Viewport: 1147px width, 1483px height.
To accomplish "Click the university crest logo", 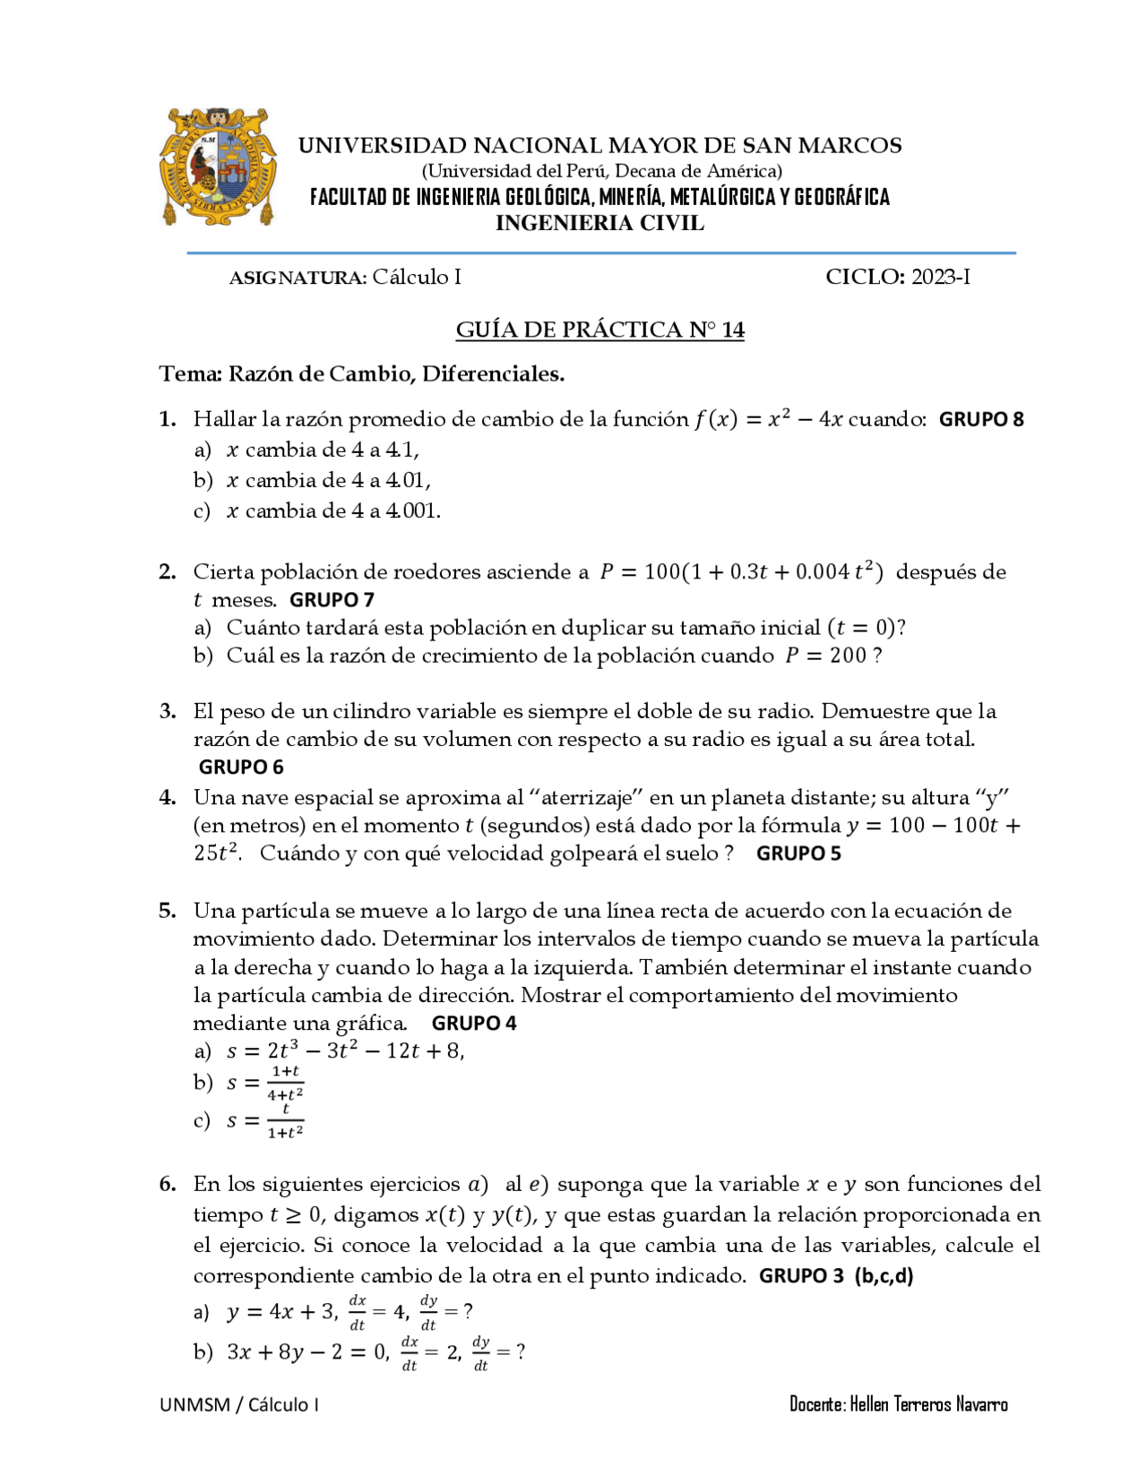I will pos(217,167).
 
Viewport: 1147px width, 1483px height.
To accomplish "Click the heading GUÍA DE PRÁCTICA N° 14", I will pos(599,330).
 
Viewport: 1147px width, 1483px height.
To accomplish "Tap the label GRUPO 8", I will pos(981,419).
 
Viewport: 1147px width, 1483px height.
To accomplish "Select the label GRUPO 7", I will pos(332,599).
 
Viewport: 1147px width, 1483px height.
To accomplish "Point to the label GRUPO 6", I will pos(241,767).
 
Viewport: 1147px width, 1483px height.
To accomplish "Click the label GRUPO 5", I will pos(798,853).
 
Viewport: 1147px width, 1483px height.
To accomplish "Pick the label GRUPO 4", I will pos(474,1023).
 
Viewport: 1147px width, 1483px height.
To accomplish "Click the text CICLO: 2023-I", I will pos(897,277).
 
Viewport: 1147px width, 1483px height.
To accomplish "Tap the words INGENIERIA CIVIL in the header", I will pos(599,224).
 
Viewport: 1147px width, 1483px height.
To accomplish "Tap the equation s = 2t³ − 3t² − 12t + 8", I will pos(345,1050).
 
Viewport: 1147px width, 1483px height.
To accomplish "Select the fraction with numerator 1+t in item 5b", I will pos(285,1083).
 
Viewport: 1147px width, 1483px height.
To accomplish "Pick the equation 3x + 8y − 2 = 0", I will pos(306,1352).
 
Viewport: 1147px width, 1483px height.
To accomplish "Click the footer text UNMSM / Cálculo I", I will pos(239,1404).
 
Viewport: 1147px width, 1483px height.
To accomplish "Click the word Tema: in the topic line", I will pos(190,374).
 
